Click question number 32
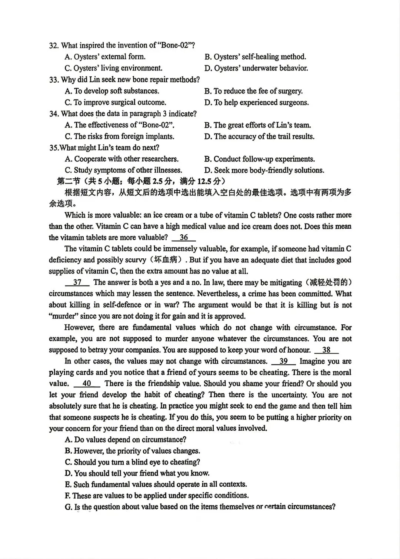pos(54,46)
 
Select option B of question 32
pos(255,57)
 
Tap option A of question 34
pos(119,125)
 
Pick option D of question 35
pos(264,170)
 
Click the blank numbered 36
pos(184,238)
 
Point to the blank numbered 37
pos(77,282)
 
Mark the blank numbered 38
pos(326,350)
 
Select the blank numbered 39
pos(283,361)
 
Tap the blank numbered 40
pos(87,384)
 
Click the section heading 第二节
pos(69,181)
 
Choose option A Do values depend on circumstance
pos(126,440)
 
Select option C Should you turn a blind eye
pos(132,462)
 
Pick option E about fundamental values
pos(156,484)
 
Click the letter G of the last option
pos(68,507)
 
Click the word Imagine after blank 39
pos(313,361)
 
